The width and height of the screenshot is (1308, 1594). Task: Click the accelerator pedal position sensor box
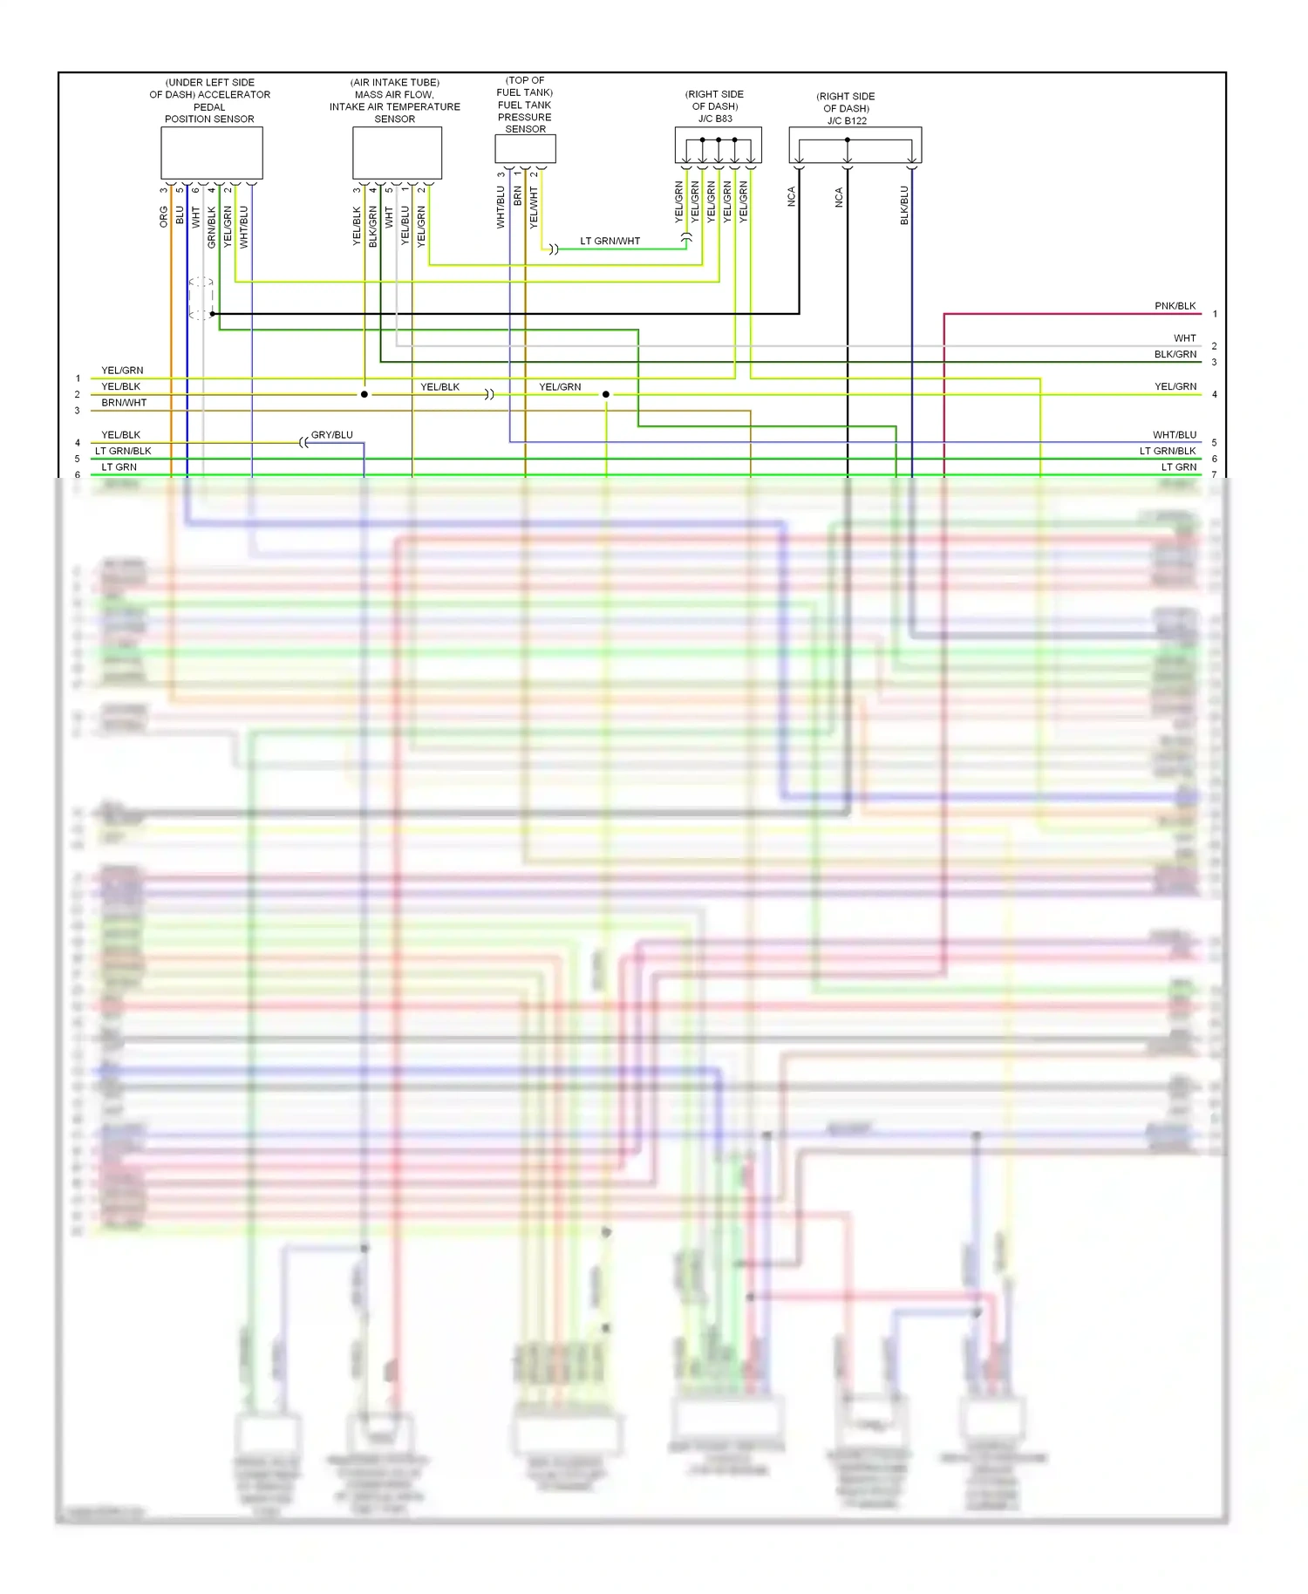tap(212, 153)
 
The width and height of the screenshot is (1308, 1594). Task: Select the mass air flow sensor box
tap(397, 153)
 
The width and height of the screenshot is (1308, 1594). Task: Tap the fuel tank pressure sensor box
tap(525, 149)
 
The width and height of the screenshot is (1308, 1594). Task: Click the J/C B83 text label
tap(715, 119)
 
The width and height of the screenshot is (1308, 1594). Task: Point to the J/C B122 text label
tap(847, 121)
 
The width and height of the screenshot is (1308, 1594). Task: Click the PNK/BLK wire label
tap(1175, 306)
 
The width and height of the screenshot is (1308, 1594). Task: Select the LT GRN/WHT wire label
tap(610, 242)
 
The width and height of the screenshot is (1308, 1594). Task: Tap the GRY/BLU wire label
tap(331, 435)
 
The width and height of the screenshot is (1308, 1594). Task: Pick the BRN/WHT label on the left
tap(124, 403)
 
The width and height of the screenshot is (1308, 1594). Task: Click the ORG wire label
tap(164, 217)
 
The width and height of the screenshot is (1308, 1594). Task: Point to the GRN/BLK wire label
tap(212, 228)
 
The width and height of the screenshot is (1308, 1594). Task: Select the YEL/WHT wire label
tap(534, 208)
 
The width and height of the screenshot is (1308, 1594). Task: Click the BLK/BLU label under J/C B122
tap(904, 206)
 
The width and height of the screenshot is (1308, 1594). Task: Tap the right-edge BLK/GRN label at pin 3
tap(1175, 355)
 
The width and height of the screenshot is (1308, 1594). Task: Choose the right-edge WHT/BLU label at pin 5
tap(1174, 435)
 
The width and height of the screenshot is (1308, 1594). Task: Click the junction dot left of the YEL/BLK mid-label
tap(364, 394)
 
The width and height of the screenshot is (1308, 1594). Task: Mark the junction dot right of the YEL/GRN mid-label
tap(606, 394)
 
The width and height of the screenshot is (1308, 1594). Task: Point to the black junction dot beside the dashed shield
tap(213, 314)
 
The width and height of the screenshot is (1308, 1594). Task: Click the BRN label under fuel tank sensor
tap(518, 196)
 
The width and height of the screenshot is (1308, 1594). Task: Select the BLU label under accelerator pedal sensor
tap(180, 215)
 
